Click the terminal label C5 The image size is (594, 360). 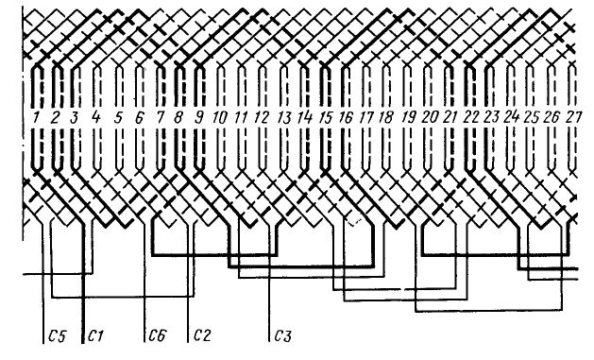tap(58, 335)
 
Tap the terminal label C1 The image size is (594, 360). tap(95, 335)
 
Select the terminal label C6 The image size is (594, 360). tap(157, 335)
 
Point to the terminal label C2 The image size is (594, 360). tap(203, 335)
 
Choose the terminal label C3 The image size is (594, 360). tap(282, 335)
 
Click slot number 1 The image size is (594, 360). tap(37, 117)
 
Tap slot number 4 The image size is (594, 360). tap(96, 117)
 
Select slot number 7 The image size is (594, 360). tap(161, 117)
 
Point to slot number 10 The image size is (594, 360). tap(219, 117)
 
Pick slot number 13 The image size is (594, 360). tap(283, 117)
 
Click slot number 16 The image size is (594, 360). tap(346, 117)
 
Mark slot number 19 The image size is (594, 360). tap(408, 117)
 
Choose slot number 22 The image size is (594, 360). tap(471, 117)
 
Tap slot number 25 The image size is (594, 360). tap(532, 117)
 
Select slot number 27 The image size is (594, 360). tap(573, 117)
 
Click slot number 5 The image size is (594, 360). tap(119, 117)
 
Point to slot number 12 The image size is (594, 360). tap(262, 117)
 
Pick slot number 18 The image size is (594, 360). tap(386, 117)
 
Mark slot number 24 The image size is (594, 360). tap(512, 117)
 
